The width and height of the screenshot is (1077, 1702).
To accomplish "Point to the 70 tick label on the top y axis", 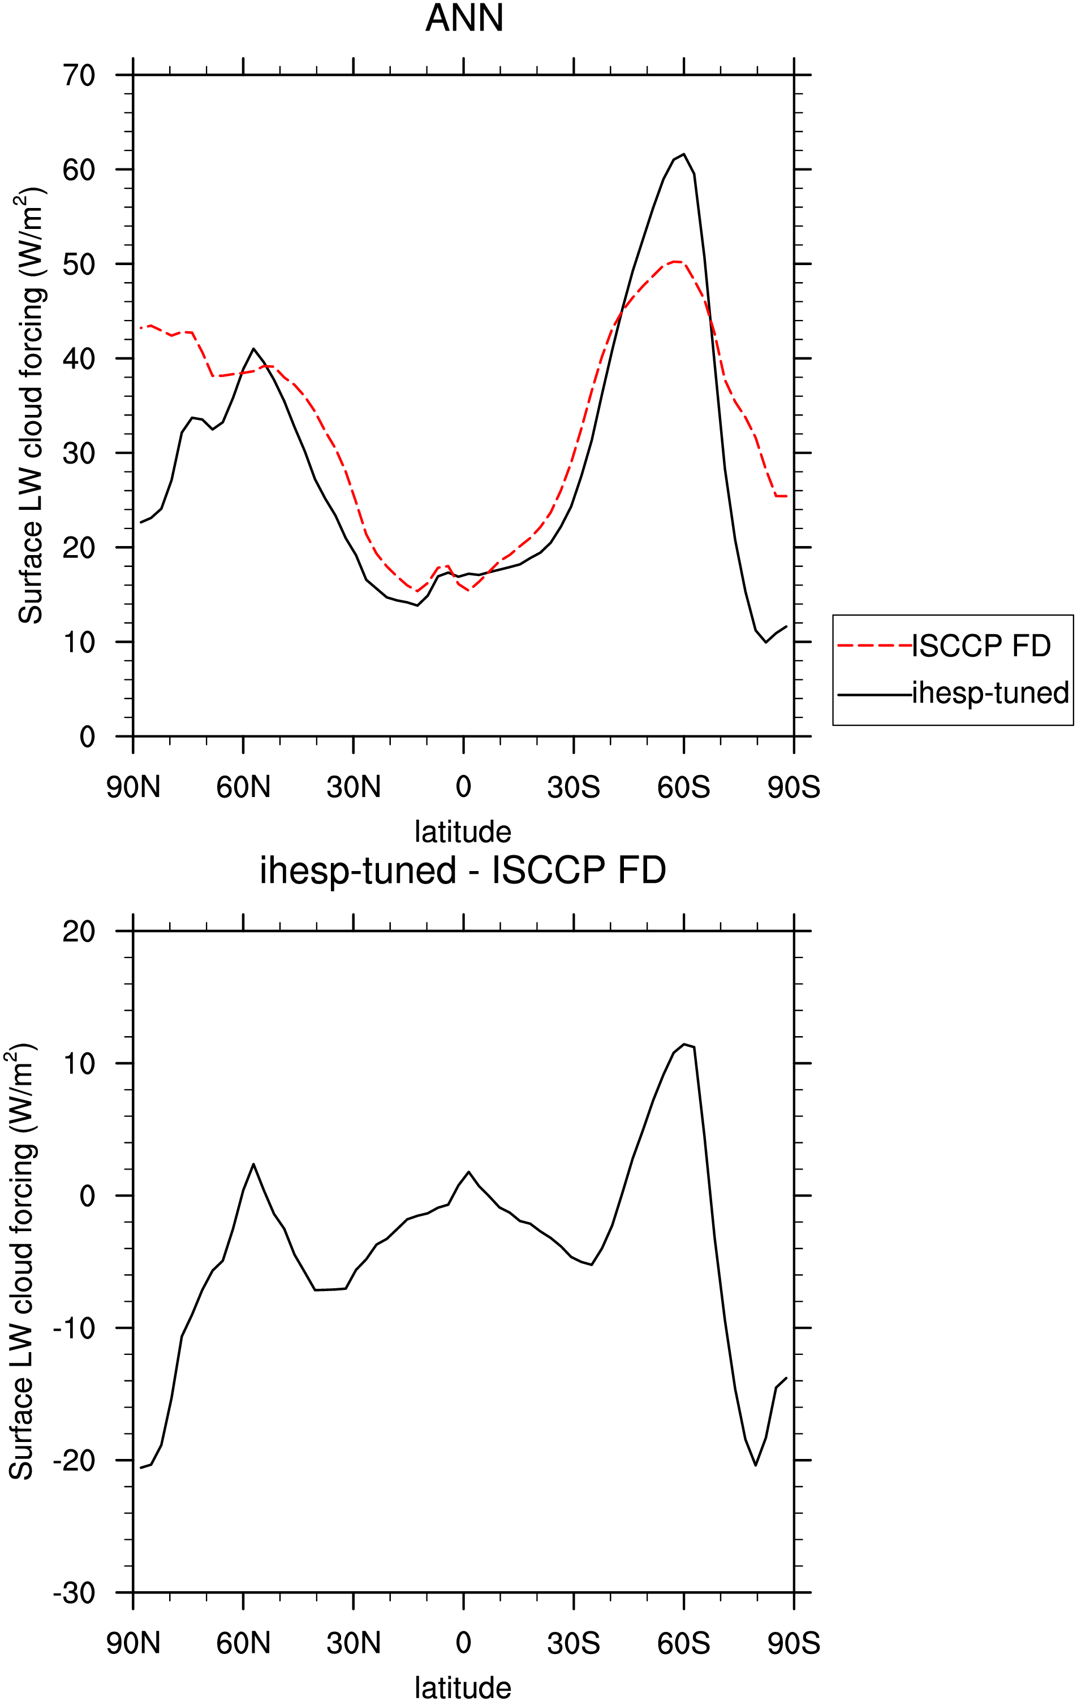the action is click(79, 75).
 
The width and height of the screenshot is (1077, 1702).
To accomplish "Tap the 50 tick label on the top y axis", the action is click(79, 265).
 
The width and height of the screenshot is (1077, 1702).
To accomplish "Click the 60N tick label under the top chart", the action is click(243, 787).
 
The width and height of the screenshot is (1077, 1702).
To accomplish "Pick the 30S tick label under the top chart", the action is click(574, 787).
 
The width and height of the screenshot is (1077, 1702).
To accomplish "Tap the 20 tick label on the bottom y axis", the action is click(79, 932).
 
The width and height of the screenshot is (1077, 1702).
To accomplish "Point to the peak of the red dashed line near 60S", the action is click(676, 262).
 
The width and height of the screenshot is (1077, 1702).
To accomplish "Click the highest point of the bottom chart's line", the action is click(684, 1044).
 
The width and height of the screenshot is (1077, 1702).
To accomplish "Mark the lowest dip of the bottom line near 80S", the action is click(755, 1465).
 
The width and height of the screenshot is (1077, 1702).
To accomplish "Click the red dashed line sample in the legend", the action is click(874, 646).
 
